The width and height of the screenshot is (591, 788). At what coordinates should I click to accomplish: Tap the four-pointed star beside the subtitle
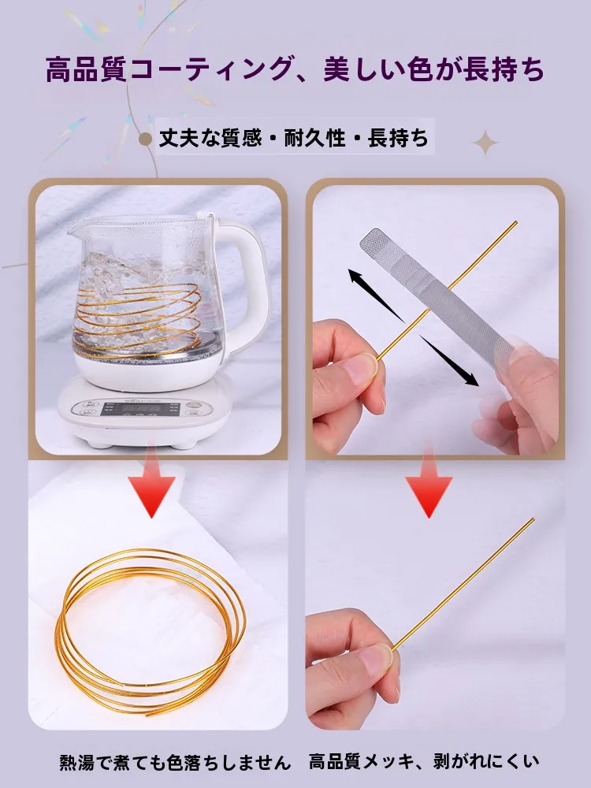click(x=485, y=143)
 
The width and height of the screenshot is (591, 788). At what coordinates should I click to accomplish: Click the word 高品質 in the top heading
click(x=85, y=69)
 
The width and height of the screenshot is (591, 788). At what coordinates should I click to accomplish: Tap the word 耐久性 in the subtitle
click(x=315, y=138)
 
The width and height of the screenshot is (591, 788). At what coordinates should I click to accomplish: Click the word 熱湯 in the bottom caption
click(x=76, y=762)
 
